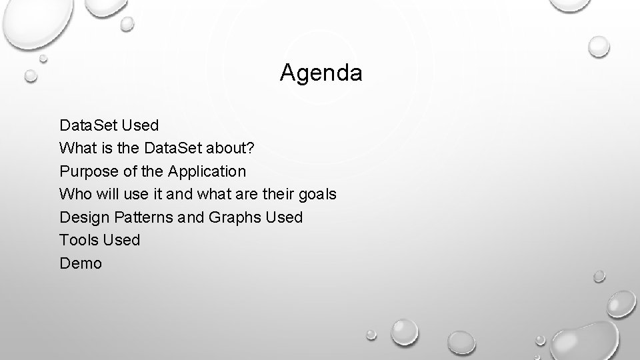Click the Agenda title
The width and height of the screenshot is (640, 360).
tap(321, 73)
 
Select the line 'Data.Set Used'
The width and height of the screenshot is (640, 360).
tap(109, 125)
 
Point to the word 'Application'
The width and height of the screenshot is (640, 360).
tap(207, 171)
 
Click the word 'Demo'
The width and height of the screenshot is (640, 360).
tap(81, 263)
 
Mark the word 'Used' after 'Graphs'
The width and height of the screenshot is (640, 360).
tap(284, 217)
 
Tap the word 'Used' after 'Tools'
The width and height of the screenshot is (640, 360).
tap(122, 240)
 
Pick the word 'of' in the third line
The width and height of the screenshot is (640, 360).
tap(130, 171)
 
